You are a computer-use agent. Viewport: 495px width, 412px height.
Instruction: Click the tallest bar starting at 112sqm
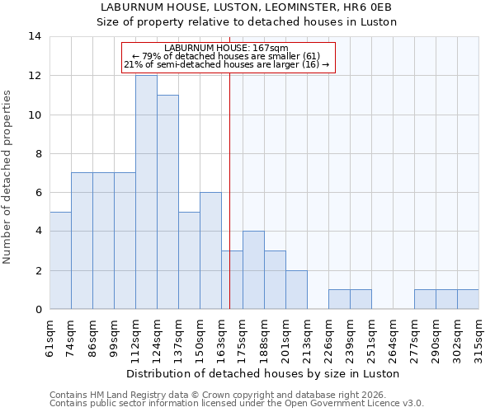click(146, 192)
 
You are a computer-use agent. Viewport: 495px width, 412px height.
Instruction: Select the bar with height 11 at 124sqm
click(167, 202)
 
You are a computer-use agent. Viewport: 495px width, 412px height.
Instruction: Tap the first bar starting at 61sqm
click(60, 260)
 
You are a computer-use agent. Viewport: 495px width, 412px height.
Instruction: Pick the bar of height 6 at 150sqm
click(210, 250)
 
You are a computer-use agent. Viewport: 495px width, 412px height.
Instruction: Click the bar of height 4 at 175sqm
click(253, 270)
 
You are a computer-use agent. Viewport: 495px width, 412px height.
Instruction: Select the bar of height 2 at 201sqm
click(296, 289)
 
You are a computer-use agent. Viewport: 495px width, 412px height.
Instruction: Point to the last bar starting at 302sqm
click(468, 299)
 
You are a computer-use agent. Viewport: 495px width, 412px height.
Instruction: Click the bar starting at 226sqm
click(339, 299)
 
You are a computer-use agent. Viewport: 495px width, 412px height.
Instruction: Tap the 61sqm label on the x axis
click(50, 337)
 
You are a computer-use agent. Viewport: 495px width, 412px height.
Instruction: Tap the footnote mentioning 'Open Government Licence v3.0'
click(237, 403)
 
